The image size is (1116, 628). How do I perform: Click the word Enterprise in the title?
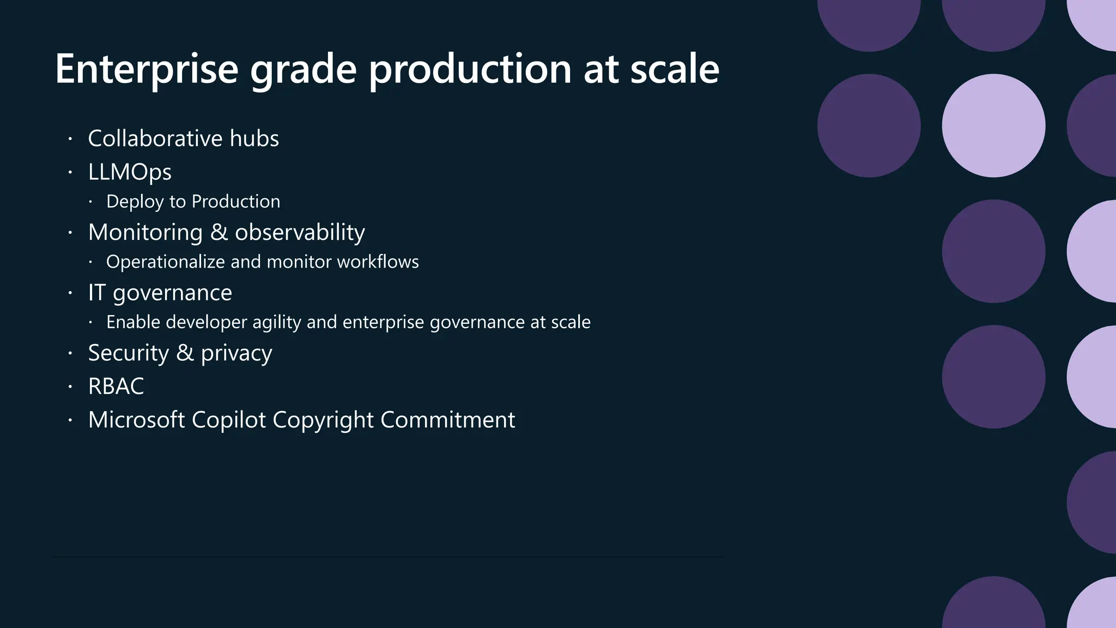click(x=147, y=69)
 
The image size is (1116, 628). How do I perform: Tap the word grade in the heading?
click(x=303, y=69)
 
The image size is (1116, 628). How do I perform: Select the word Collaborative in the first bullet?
click(x=155, y=138)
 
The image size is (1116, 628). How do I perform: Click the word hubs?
click(x=254, y=138)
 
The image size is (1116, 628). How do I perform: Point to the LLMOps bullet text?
click(x=130, y=172)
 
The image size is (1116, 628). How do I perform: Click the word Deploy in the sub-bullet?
click(x=135, y=202)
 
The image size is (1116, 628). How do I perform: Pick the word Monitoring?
click(x=145, y=232)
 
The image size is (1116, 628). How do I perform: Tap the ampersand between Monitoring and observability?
click(x=219, y=232)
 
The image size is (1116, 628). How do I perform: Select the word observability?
click(x=300, y=232)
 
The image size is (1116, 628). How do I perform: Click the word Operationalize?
click(x=166, y=262)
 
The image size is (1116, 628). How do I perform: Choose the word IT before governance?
click(x=96, y=293)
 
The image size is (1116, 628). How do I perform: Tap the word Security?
click(x=129, y=353)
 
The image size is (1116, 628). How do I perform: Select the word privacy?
click(x=236, y=353)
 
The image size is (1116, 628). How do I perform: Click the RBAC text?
click(x=116, y=387)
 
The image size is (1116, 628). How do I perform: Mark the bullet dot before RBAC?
click(x=70, y=387)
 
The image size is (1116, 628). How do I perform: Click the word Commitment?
click(x=447, y=420)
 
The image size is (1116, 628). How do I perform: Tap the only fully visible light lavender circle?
click(x=993, y=125)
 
